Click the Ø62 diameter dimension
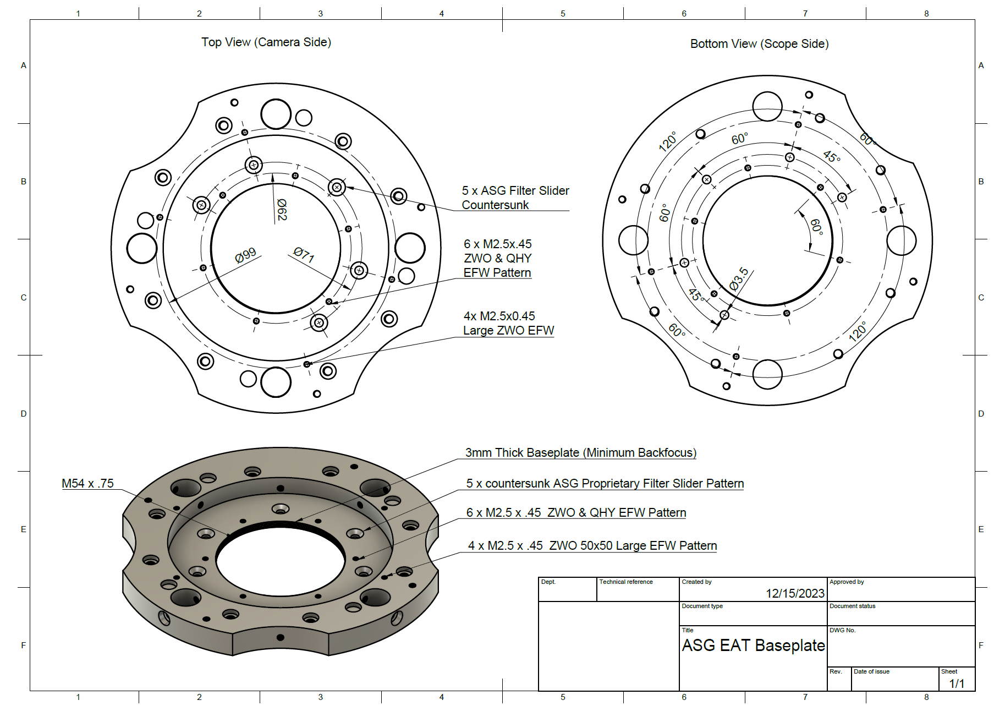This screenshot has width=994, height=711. click(x=282, y=210)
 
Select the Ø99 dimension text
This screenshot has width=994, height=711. click(x=245, y=255)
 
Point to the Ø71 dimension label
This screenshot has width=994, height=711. click(x=304, y=254)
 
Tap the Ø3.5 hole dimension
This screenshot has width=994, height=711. click(x=739, y=278)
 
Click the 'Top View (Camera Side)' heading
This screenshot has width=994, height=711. click(x=266, y=42)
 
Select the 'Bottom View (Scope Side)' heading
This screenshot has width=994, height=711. click(x=759, y=44)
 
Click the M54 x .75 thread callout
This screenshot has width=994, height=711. click(x=87, y=484)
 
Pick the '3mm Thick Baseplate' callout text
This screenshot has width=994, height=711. click(x=580, y=453)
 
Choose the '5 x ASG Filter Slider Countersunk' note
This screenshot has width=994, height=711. click(x=515, y=198)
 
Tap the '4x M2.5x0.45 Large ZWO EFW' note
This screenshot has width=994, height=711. click(x=508, y=324)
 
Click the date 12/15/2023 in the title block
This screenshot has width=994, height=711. click(x=795, y=593)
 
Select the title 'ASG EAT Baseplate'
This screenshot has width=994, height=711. click(x=753, y=646)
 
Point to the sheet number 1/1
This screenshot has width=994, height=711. click(x=957, y=683)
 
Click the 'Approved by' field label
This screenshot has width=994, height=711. click(x=847, y=582)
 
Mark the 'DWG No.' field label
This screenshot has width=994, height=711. click(x=842, y=631)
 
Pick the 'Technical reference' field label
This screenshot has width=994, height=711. click(x=625, y=582)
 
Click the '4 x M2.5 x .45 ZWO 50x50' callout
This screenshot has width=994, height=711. click(x=592, y=546)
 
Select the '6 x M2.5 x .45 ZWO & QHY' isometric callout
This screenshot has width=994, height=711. click(x=576, y=513)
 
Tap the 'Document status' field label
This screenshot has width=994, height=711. click(x=852, y=606)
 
